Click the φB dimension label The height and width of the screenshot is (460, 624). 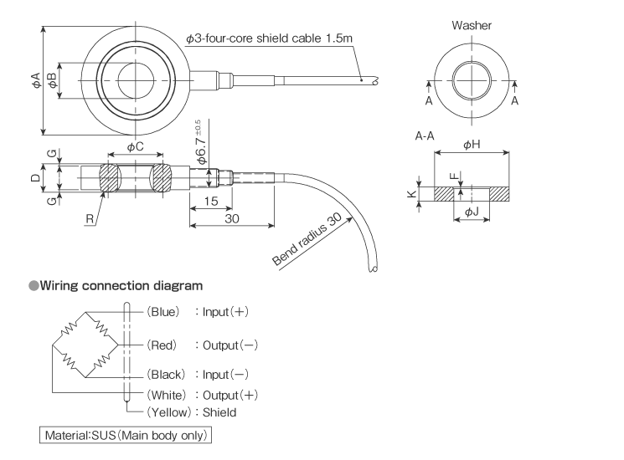[52, 80]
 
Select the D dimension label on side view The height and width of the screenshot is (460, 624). [34, 177]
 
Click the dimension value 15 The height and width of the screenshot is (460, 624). [210, 201]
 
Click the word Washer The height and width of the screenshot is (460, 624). [472, 26]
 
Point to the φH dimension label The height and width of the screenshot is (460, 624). [471, 144]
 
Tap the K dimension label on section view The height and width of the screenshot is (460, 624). [410, 194]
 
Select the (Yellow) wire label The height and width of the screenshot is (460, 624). [168, 411]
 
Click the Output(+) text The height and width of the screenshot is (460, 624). [224, 395]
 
